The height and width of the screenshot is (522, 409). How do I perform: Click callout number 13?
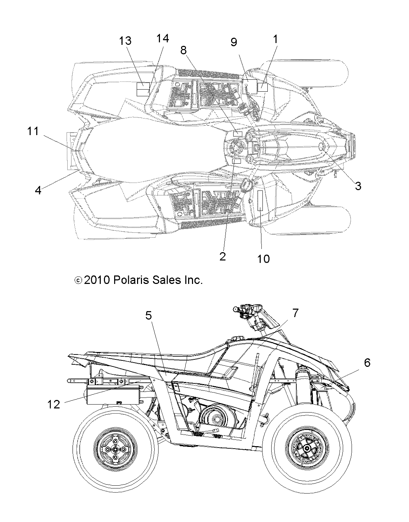125,41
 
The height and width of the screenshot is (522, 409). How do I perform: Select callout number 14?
162,38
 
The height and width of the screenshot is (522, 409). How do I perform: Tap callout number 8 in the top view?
183,50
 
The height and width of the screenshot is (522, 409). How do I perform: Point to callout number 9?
234,42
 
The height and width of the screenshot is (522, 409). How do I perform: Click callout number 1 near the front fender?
275,39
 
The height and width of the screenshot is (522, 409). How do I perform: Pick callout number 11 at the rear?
33,132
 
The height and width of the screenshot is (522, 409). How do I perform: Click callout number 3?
358,186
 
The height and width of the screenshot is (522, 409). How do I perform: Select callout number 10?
263,259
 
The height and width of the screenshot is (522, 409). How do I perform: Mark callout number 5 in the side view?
149,316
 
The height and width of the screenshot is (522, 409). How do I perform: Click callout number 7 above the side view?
295,312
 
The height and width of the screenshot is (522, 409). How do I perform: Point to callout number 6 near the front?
367,363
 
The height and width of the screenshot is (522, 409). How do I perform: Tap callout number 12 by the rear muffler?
54,404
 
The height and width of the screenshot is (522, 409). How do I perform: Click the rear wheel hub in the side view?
114,449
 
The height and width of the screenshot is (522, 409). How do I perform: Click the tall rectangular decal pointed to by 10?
260,200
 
